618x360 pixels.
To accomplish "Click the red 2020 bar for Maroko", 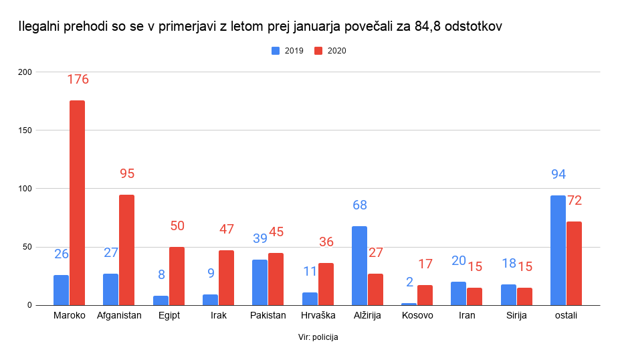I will [78, 203].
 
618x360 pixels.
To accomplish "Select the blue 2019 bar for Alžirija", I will [359, 266].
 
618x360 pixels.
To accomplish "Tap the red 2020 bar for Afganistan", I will [127, 250].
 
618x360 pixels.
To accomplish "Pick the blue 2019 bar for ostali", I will [558, 250].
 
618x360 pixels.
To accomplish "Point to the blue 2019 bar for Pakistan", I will [260, 282].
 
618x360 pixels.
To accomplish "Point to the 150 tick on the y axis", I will [25, 130].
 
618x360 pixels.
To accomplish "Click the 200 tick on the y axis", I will [25, 72].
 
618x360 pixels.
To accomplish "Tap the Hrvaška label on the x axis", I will [317, 315].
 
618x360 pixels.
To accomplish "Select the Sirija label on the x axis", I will [516, 315].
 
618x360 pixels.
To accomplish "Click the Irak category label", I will [218, 315].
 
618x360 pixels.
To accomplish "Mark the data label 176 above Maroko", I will [78, 80].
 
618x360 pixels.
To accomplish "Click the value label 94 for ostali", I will [558, 175].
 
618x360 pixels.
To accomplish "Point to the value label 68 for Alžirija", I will [359, 205].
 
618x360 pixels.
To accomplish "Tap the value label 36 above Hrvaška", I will [326, 242].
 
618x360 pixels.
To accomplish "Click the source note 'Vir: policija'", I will [318, 337].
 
